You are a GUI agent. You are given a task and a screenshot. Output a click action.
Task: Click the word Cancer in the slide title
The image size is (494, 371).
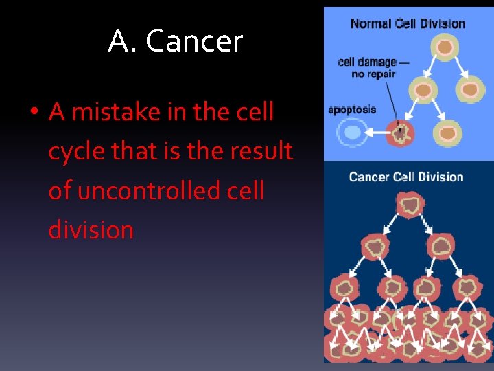(194, 41)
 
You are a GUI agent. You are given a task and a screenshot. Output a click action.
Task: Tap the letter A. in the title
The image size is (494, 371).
(122, 41)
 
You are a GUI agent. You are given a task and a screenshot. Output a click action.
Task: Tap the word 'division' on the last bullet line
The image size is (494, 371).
(91, 229)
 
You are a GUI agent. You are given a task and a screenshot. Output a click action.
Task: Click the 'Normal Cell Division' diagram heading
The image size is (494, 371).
(408, 23)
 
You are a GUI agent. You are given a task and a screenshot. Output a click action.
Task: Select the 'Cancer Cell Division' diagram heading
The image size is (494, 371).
(406, 177)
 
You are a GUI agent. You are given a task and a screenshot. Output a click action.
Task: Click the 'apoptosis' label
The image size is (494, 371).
(353, 109)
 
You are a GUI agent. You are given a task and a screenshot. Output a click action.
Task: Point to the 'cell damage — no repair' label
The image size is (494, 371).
(373, 67)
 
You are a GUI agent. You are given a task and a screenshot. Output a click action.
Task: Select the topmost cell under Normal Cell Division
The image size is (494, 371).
(446, 48)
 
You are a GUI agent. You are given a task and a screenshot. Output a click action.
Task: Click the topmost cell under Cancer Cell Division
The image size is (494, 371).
(410, 205)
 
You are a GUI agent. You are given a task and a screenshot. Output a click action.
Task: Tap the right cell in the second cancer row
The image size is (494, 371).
(439, 246)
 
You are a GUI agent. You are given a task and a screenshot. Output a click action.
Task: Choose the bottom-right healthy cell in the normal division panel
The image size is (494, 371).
(447, 131)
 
